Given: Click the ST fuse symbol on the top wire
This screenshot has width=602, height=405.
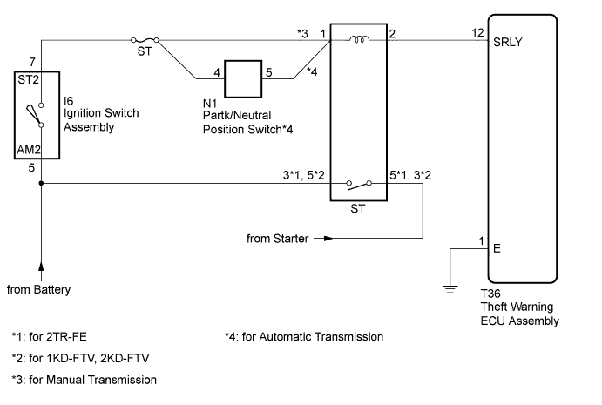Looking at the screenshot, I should [x=144, y=40].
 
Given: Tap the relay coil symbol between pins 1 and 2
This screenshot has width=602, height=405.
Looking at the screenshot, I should [x=357, y=39].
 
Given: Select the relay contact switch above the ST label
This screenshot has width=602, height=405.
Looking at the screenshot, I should [x=358, y=184].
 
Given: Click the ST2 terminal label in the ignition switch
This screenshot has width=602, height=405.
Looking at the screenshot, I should [x=30, y=80].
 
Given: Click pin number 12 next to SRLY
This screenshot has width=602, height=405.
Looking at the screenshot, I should [x=477, y=33].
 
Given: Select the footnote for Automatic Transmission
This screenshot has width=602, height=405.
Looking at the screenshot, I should [x=303, y=336].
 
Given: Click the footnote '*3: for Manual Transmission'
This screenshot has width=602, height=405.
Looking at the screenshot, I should [x=84, y=380].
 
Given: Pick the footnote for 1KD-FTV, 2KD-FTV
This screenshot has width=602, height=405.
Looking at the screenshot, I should [x=78, y=358].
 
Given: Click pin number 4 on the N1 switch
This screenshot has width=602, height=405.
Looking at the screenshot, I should [x=216, y=73].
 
